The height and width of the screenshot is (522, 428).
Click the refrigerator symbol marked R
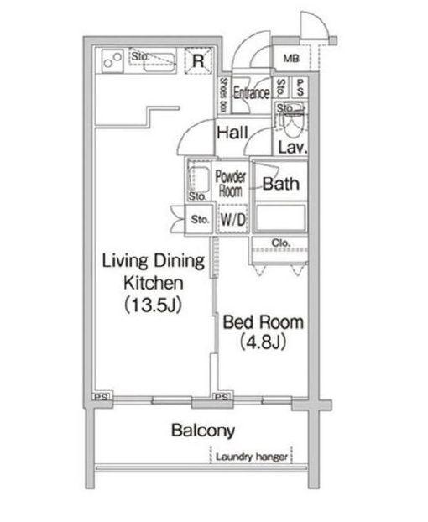click(198, 60)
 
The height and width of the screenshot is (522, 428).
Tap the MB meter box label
click(291, 59)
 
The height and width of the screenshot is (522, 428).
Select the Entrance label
click(251, 92)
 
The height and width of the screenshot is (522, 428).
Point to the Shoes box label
click(223, 95)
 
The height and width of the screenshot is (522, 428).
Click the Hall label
click(232, 133)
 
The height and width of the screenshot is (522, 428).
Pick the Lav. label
click(292, 147)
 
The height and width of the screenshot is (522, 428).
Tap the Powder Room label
click(230, 184)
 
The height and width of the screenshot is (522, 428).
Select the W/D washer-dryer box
click(233, 219)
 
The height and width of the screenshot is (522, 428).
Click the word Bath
click(280, 184)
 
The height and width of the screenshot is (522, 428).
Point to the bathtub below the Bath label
click(280, 217)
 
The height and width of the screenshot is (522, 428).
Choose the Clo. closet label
click(280, 243)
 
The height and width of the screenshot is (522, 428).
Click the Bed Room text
click(263, 322)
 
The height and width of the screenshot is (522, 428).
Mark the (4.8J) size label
click(263, 342)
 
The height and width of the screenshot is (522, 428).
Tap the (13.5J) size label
click(153, 305)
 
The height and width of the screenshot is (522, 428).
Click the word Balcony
click(203, 431)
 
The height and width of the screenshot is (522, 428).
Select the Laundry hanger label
click(252, 457)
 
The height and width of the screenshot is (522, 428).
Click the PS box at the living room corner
click(102, 397)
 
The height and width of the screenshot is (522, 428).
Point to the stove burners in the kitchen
click(112, 60)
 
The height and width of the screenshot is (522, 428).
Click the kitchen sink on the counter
click(160, 63)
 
